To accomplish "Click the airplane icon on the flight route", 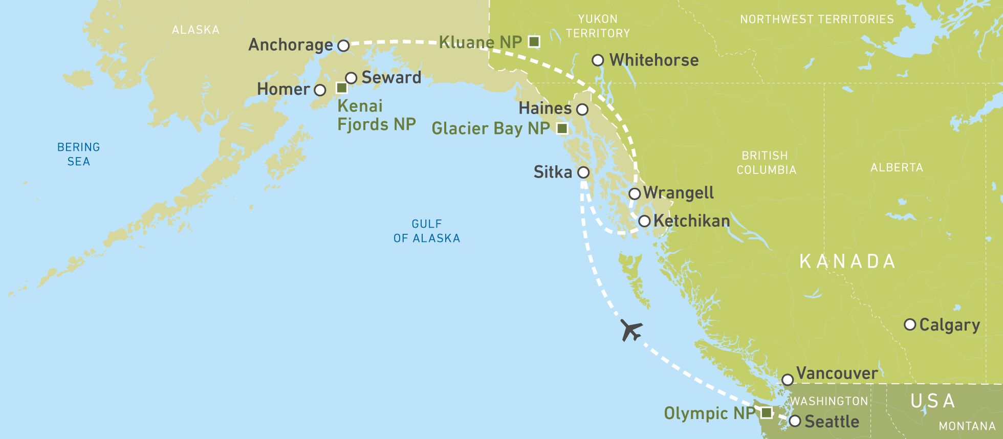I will tap(631, 330).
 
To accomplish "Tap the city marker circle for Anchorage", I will tap(344, 46).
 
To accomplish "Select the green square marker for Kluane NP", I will tap(534, 41).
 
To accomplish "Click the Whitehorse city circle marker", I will tap(598, 60).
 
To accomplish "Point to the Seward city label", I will tap(391, 78).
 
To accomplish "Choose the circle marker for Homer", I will tap(320, 91).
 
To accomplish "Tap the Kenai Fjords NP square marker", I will tap(342, 88).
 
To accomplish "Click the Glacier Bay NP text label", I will tap(490, 128).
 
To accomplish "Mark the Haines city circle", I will tap(582, 109).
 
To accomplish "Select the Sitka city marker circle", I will tap(583, 172).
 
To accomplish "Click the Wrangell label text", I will tap(679, 193).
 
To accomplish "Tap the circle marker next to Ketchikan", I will tap(644, 221).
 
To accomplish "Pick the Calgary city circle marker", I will tap(910, 324).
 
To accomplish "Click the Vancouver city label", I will tap(837, 374).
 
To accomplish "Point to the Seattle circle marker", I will tap(795, 421).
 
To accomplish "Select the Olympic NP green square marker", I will tap(766, 412).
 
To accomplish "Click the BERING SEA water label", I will tap(78, 154).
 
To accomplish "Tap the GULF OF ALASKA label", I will tap(427, 231).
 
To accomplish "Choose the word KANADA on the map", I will tap(847, 261).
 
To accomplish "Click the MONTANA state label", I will tap(967, 426).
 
